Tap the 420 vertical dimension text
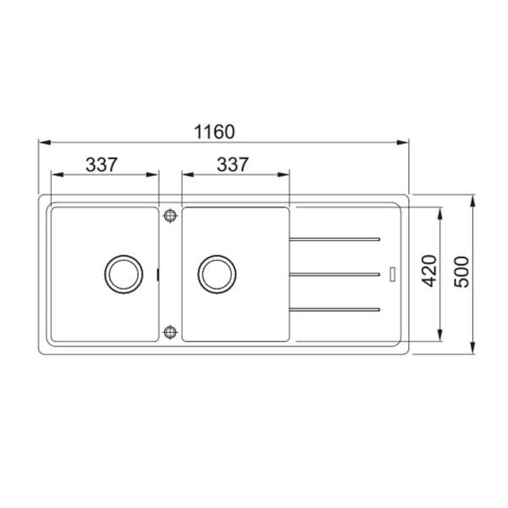tap(429, 270)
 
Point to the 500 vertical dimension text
tap(461, 270)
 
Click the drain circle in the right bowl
tap(215, 273)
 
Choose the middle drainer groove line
tap(334, 273)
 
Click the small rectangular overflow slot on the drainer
tap(391, 273)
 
